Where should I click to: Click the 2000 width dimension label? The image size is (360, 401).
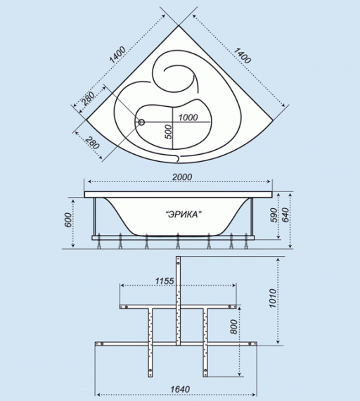[182, 177]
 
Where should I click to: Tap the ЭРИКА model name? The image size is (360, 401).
[183, 215]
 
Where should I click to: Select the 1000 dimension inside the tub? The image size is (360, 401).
[188, 117]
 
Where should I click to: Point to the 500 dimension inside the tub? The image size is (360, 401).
[168, 132]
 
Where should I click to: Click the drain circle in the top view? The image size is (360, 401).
[141, 122]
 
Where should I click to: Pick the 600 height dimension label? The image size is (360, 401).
[68, 219]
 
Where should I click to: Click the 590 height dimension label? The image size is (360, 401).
[274, 215]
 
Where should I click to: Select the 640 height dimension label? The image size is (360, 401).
[285, 215]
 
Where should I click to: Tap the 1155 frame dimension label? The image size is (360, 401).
[165, 281]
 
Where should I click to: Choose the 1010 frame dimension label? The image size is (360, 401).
[273, 298]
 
